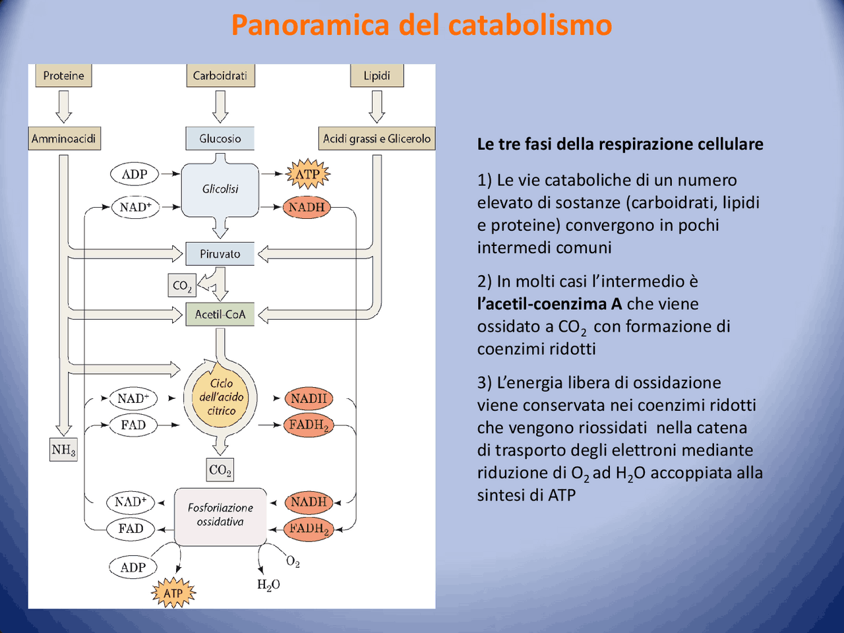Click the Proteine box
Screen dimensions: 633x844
click(63, 76)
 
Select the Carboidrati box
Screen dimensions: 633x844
click(220, 76)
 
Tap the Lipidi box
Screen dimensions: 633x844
click(377, 76)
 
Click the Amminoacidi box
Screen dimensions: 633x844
click(64, 138)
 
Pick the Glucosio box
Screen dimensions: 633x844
click(220, 138)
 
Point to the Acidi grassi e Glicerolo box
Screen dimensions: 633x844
click(377, 138)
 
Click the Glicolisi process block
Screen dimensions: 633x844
click(220, 190)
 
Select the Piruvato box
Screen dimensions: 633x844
click(220, 254)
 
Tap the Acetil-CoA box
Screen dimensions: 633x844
click(220, 315)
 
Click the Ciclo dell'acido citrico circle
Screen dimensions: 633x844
click(221, 397)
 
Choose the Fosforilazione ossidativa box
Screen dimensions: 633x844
click(220, 516)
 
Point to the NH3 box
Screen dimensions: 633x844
click(64, 450)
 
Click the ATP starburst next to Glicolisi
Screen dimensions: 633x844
click(307, 175)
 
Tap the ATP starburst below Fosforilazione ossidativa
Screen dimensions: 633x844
click(174, 593)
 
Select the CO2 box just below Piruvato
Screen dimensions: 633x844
click(182, 286)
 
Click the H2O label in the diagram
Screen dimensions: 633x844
click(268, 585)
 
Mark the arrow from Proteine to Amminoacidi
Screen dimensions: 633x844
click(64, 106)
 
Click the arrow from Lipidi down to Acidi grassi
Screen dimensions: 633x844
click(377, 106)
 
